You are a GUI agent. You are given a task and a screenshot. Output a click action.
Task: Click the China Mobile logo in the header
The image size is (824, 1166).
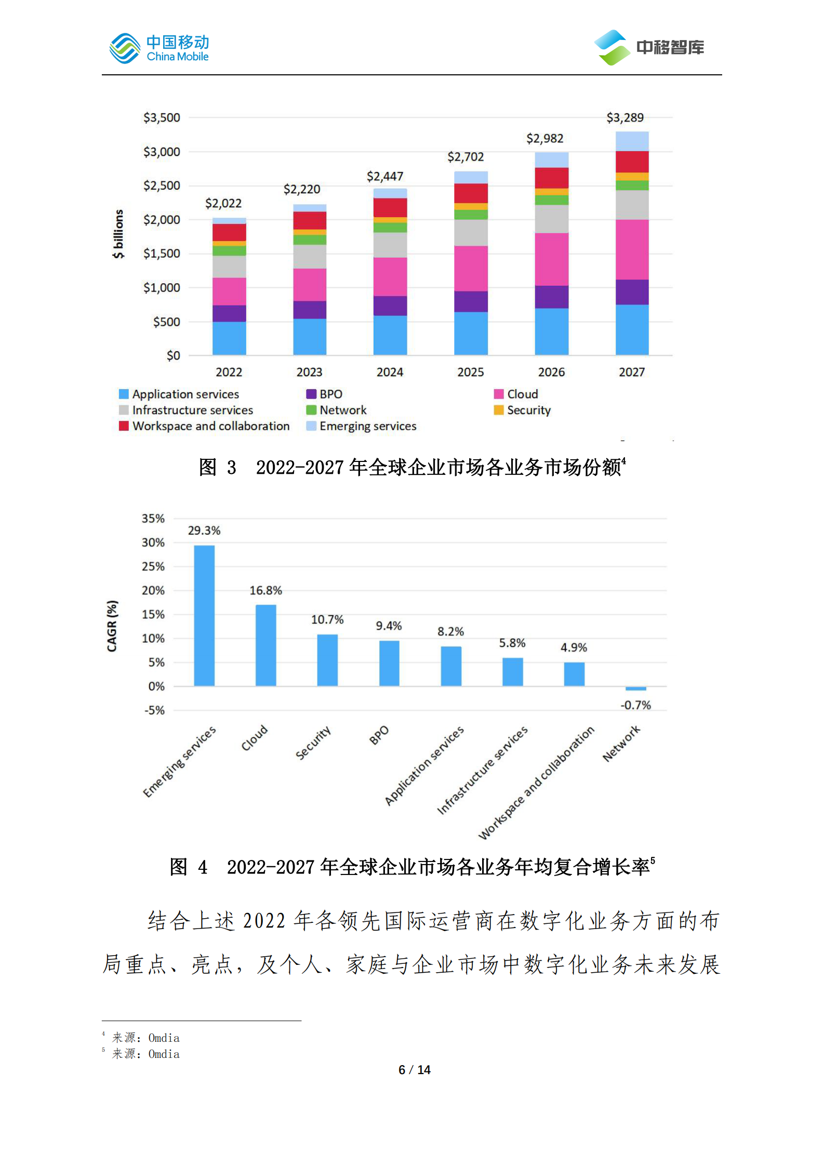[x=158, y=48]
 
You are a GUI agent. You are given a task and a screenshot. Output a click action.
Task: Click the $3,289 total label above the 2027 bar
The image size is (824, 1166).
[x=624, y=118]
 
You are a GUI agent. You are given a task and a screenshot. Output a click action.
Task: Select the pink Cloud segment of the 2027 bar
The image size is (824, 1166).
[x=632, y=249]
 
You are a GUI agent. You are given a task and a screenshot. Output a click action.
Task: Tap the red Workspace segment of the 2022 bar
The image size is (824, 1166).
[x=229, y=232]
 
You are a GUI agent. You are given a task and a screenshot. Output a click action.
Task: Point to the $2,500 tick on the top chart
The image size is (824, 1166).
[x=162, y=186]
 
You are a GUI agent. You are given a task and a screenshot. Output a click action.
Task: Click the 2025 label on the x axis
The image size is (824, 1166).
[x=470, y=372]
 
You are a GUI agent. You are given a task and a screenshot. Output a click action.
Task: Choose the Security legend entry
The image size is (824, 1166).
[x=522, y=410]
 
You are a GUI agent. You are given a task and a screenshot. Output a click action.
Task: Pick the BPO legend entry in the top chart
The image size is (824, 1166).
[x=325, y=394]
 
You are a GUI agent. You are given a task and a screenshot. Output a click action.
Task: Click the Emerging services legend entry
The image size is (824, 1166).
[x=362, y=427]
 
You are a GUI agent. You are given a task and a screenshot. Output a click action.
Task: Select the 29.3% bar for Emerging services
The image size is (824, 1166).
[x=204, y=615]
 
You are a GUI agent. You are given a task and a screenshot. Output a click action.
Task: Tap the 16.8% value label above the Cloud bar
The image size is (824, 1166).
[x=265, y=591]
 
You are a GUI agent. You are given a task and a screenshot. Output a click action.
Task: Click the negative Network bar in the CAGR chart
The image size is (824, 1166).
[x=635, y=688]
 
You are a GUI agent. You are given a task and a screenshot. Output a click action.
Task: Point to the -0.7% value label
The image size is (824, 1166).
[x=635, y=705]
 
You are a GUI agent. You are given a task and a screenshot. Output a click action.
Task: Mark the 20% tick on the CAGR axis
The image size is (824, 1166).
[x=153, y=591]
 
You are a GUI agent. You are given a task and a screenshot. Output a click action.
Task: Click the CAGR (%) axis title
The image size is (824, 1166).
[x=112, y=626]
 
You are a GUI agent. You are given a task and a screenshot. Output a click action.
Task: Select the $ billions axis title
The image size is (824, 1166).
[x=118, y=234]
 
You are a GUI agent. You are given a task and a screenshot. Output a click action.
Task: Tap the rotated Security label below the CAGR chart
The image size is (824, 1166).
[x=313, y=743]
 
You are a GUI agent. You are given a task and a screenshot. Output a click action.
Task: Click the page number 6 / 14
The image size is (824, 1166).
[x=414, y=1070]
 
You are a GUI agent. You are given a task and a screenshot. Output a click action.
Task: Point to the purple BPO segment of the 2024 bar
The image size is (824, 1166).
[x=390, y=306]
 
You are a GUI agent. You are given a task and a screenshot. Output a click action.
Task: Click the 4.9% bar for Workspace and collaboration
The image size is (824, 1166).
[x=574, y=674]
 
